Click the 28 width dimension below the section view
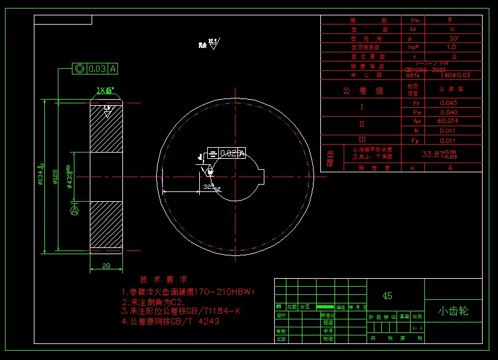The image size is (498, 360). tap(106, 266)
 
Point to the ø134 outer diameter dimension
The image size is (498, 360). tap(40, 174)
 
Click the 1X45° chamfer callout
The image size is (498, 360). tap(105, 90)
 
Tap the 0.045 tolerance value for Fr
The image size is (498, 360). tap(449, 103)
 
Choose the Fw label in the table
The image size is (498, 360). tap(416, 112)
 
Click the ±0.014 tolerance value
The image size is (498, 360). tap(449, 121)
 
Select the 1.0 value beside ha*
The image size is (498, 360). tap(451, 47)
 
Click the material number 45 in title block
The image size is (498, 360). tap(387, 295)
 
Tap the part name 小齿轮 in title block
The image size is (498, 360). tap(454, 311)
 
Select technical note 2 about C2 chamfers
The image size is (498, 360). tap(154, 302)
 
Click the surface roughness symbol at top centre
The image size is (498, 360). tap(213, 43)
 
